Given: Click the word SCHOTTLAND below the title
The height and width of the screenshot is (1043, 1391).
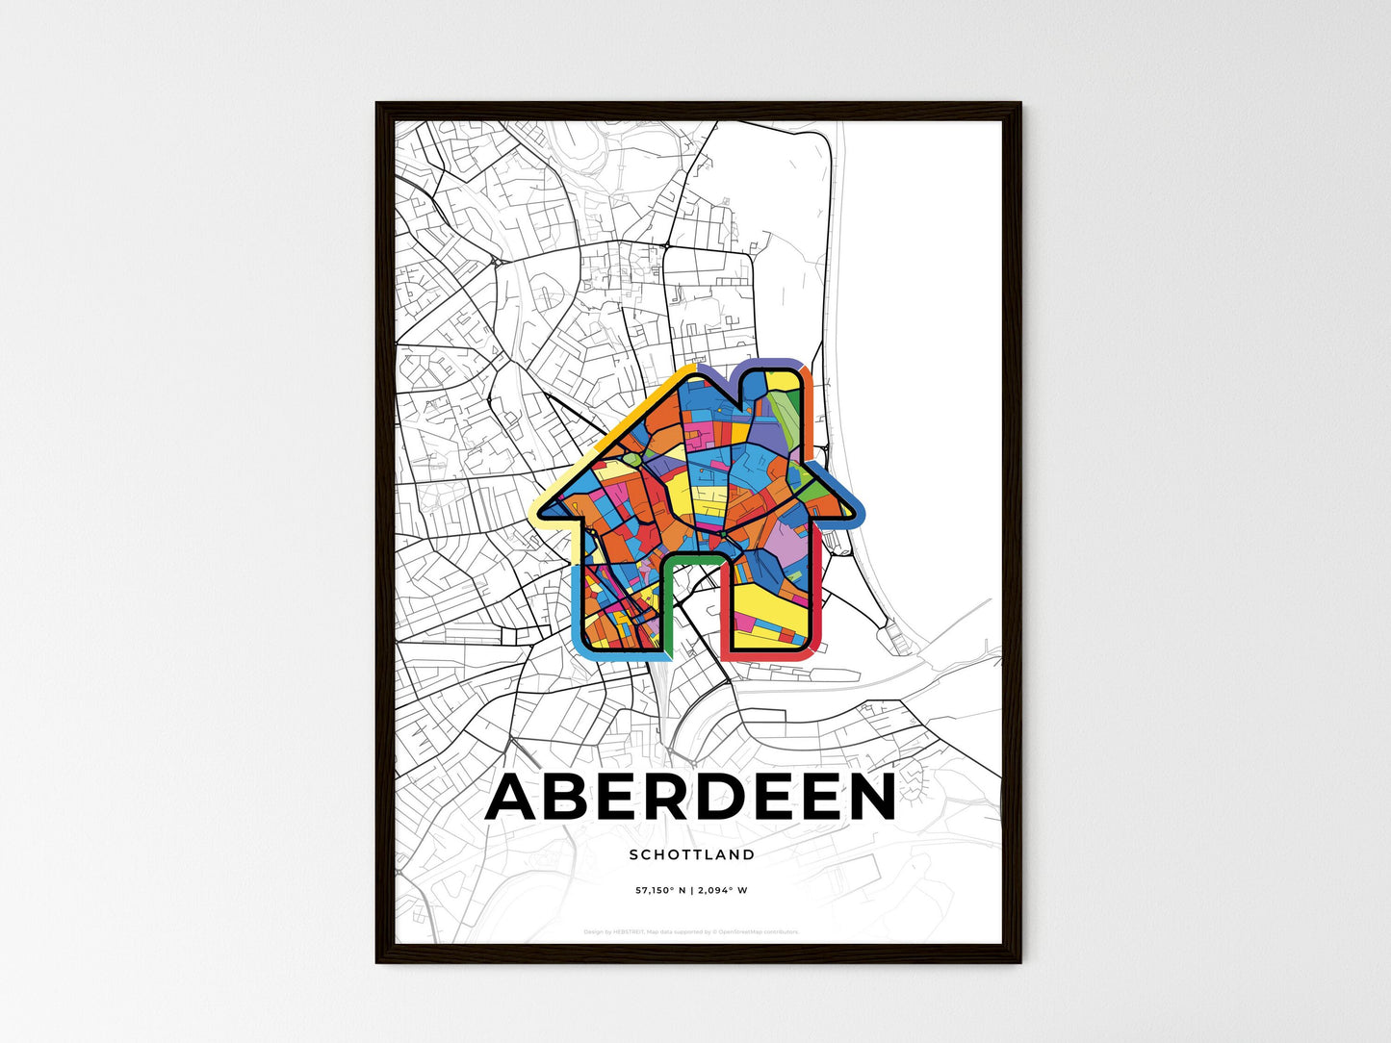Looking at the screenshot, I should pyautogui.click(x=691, y=854).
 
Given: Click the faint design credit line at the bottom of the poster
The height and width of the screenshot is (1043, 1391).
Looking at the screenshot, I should pyautogui.click(x=691, y=931).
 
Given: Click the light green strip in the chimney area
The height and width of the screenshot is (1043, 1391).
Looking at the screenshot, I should pyautogui.click(x=786, y=423).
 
